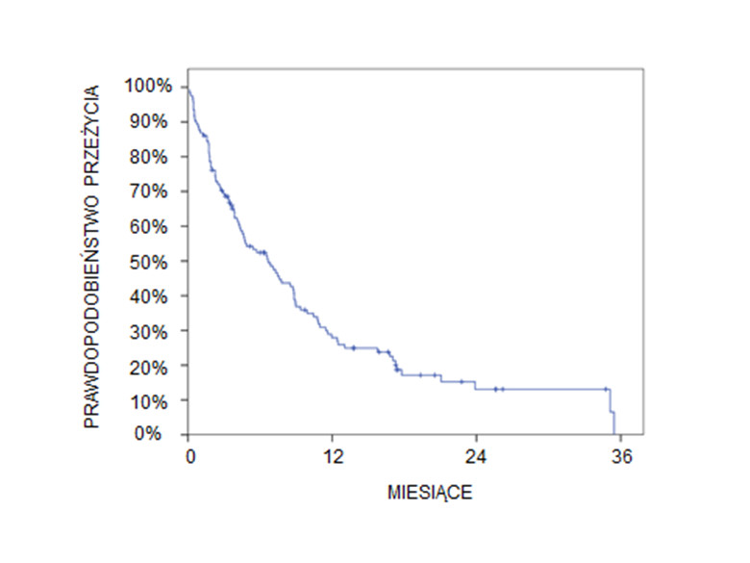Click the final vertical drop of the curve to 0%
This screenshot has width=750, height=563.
tap(614, 424)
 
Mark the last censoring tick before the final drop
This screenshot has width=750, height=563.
tap(606, 389)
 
